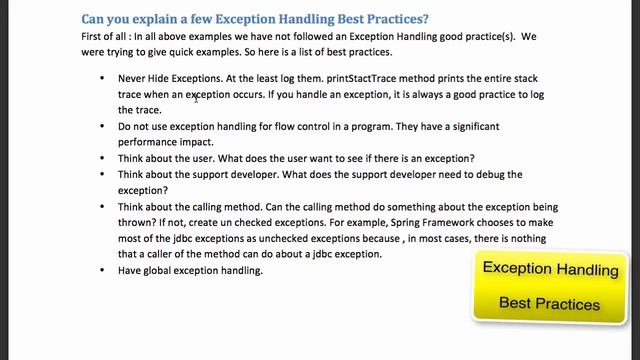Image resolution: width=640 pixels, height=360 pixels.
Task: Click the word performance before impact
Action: [151, 142]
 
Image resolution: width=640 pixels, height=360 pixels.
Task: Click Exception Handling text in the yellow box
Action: [550, 269]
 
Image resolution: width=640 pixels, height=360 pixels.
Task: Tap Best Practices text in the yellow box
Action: [550, 303]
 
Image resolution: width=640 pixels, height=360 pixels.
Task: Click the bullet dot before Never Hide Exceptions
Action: [103, 78]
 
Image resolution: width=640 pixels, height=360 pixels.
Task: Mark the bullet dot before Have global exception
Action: [103, 271]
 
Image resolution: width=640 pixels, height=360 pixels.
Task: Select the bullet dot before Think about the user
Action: [103, 159]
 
